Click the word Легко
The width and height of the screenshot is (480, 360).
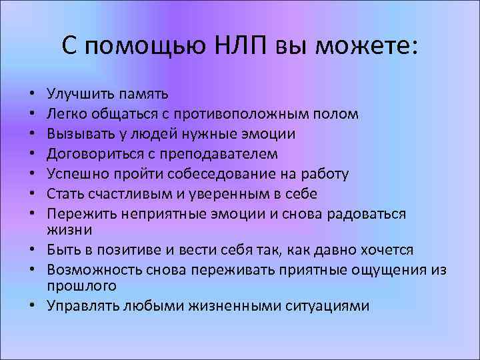pos(65,114)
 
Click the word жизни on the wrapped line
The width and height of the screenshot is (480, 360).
pos(65,229)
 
